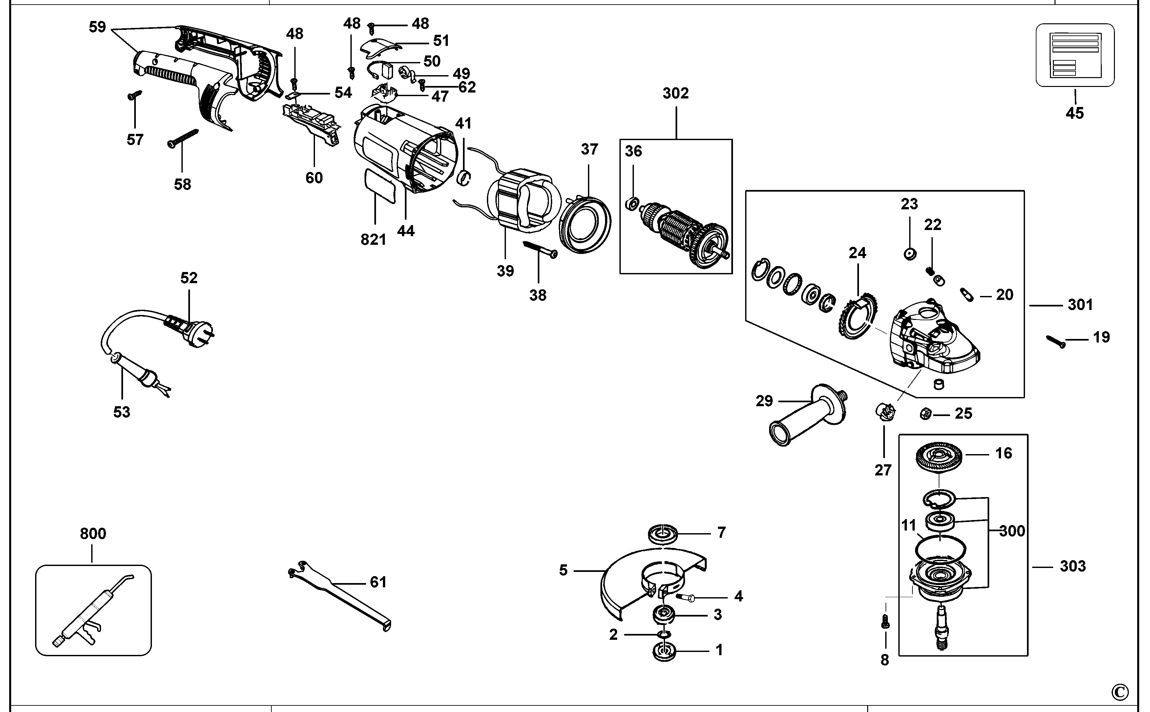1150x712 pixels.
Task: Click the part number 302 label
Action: click(x=676, y=93)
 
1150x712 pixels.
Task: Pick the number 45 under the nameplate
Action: click(x=1075, y=114)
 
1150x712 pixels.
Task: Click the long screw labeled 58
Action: click(x=183, y=138)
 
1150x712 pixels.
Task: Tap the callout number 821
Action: click(x=373, y=240)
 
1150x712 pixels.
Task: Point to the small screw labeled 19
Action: click(x=1056, y=342)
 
